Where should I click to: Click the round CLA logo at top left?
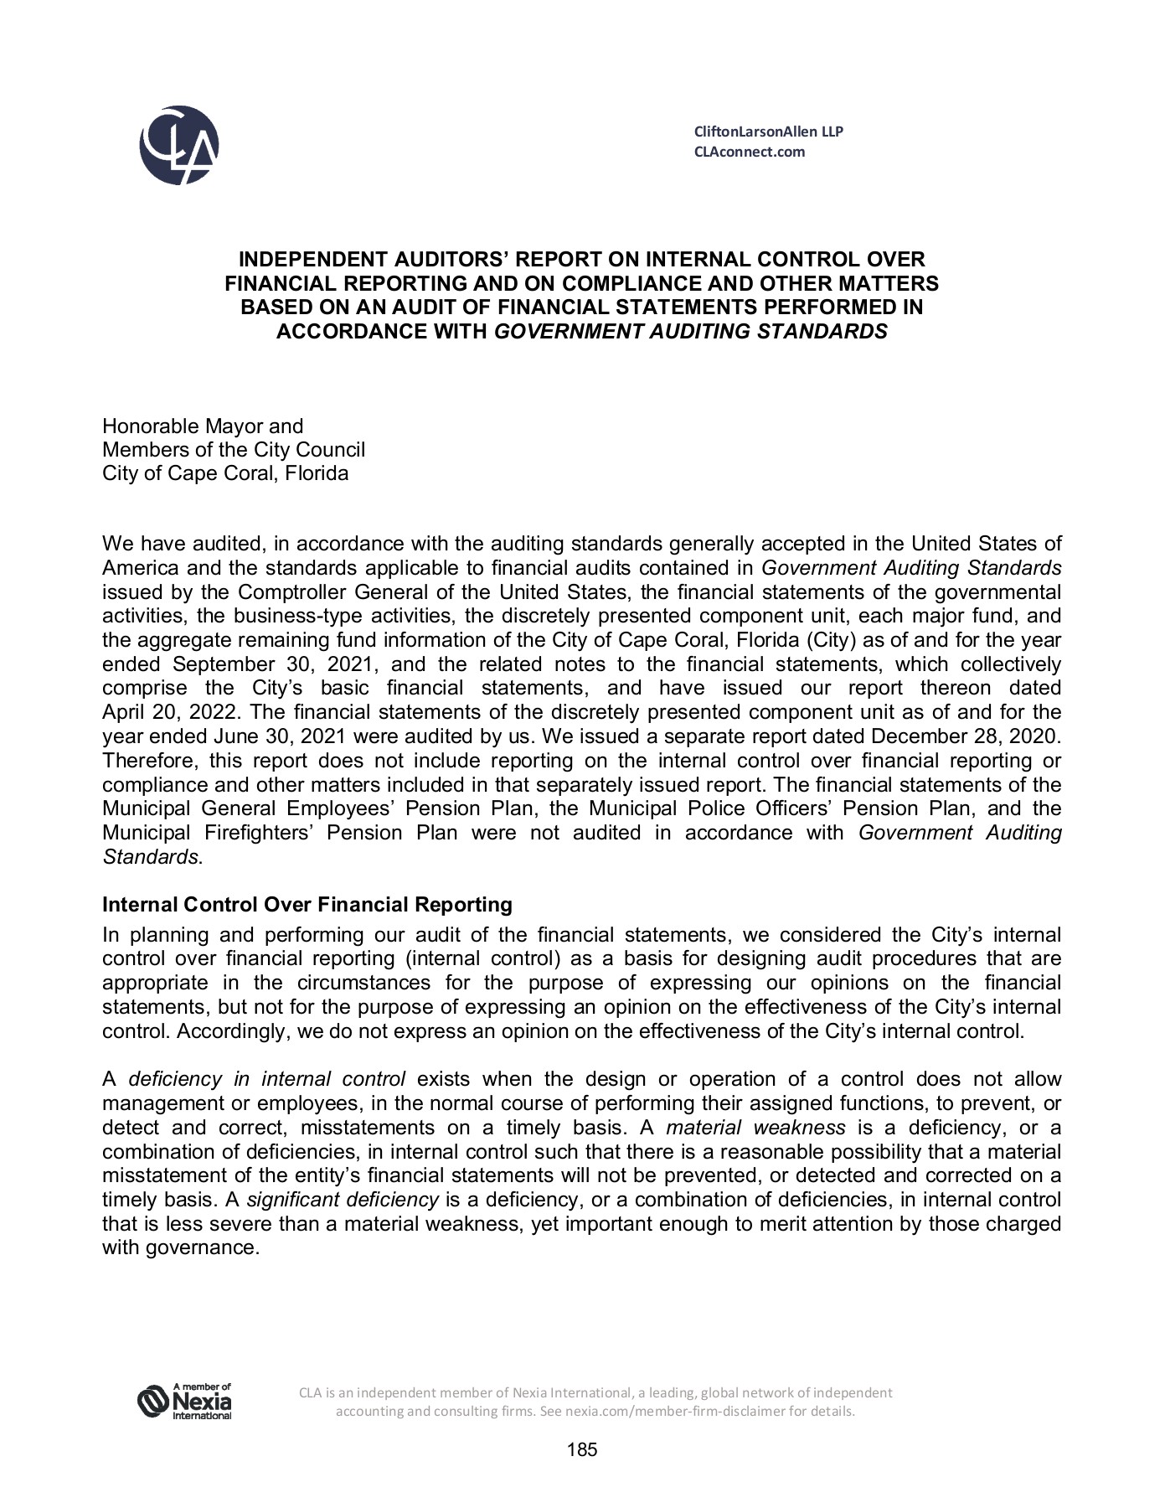[x=179, y=145]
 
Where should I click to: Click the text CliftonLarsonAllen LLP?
[x=769, y=132]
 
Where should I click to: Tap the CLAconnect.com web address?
[x=750, y=152]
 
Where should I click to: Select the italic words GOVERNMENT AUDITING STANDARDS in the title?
[x=690, y=331]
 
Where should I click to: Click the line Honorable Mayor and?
[x=203, y=426]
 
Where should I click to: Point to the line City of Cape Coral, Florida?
[x=225, y=473]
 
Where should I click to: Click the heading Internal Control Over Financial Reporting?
[x=307, y=905]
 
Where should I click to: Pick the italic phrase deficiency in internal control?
[x=266, y=1079]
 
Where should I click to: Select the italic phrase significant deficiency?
[x=343, y=1200]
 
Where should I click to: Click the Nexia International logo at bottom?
[x=184, y=1402]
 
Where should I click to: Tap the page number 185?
[x=582, y=1450]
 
